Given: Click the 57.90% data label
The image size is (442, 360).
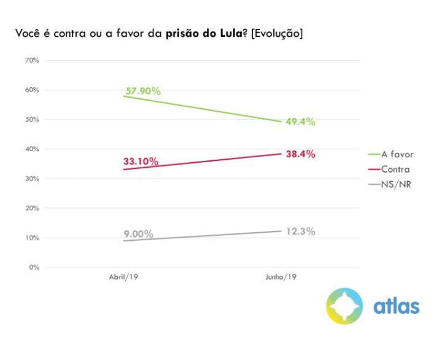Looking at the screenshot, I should pyautogui.click(x=143, y=92).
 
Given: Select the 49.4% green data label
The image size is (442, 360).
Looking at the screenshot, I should pyautogui.click(x=300, y=122).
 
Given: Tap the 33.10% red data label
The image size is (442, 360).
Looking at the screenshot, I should pyautogui.click(x=141, y=162).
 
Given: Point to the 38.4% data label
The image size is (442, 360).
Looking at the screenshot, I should pyautogui.click(x=300, y=154).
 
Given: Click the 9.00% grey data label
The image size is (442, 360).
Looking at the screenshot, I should pyautogui.click(x=138, y=234).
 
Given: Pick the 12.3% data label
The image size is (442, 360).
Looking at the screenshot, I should pyautogui.click(x=300, y=232).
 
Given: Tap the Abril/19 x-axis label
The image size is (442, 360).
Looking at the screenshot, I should pyautogui.click(x=124, y=278).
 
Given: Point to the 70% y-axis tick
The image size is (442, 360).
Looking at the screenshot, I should pyautogui.click(x=32, y=60).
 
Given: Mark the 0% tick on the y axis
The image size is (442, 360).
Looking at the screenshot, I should pyautogui.click(x=34, y=267).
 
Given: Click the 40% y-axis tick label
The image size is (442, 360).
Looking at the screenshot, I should pyautogui.click(x=32, y=149).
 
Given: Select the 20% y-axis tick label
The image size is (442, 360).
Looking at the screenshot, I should pyautogui.click(x=32, y=208).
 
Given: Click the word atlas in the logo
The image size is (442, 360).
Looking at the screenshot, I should pyautogui.click(x=397, y=305).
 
